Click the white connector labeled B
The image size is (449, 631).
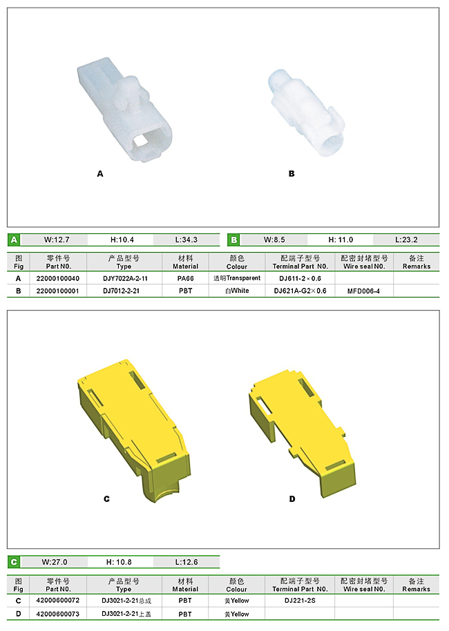point(307,113)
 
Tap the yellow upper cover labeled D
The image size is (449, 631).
point(302,433)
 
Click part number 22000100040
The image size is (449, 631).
point(58,278)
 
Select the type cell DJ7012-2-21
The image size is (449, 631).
point(121,291)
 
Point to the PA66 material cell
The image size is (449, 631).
point(186,278)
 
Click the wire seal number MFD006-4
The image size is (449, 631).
point(363,291)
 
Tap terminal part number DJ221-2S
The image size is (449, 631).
point(300,601)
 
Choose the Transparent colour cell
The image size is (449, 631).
point(237,278)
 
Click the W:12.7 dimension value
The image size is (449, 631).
point(57,240)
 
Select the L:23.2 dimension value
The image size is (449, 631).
point(406,240)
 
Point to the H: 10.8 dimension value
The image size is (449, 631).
point(119,562)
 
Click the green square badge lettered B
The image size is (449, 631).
point(234,240)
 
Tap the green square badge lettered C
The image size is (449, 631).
point(14,562)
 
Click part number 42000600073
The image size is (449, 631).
point(58,614)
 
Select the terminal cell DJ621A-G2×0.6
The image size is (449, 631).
point(300,291)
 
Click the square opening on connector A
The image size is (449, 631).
point(140,140)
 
